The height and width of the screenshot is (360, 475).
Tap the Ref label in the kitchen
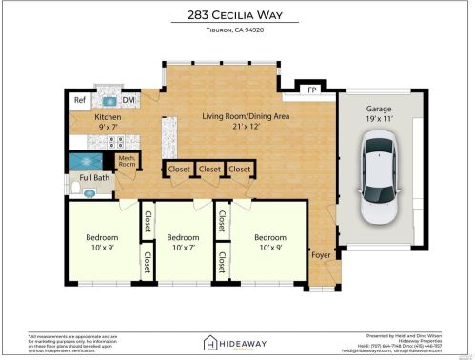[80, 100]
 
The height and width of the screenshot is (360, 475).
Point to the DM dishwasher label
[128, 100]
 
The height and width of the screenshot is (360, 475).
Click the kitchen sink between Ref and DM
[108, 100]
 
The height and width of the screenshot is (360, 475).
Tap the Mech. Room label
[126, 162]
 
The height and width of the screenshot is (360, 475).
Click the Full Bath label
[93, 177]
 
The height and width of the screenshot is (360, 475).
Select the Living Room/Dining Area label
[246, 116]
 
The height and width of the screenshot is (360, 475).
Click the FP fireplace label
[311, 91]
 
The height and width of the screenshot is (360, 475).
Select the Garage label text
[378, 110]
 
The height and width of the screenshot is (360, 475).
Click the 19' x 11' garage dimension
[378, 120]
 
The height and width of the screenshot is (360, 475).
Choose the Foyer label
[321, 254]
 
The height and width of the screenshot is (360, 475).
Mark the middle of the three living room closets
[209, 170]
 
